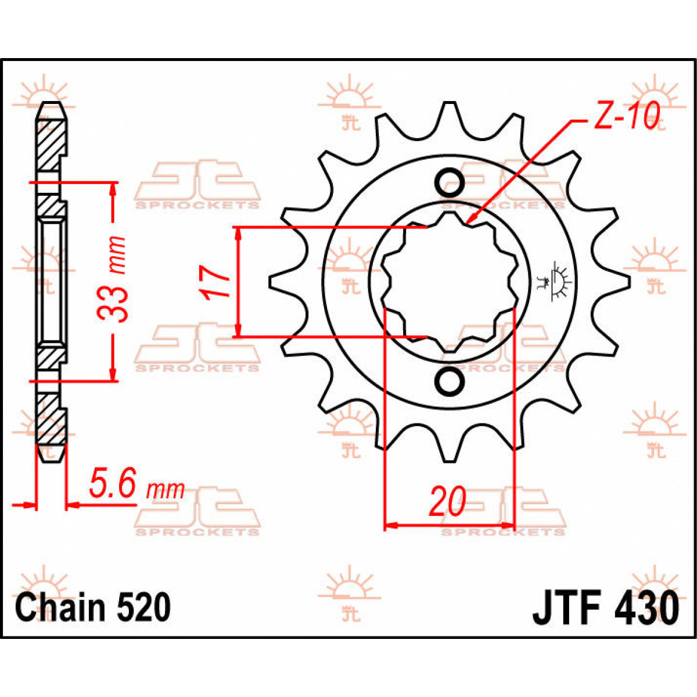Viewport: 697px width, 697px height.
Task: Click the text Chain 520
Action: pos(93,608)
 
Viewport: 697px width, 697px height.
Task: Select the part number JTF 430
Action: pos(605,608)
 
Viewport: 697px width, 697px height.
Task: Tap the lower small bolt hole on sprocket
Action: pos(450,381)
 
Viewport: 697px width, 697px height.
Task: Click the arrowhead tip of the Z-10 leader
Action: pos(468,224)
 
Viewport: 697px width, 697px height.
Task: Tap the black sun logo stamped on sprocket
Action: pos(558,282)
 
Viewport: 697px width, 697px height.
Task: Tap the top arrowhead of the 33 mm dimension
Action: pos(113,188)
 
